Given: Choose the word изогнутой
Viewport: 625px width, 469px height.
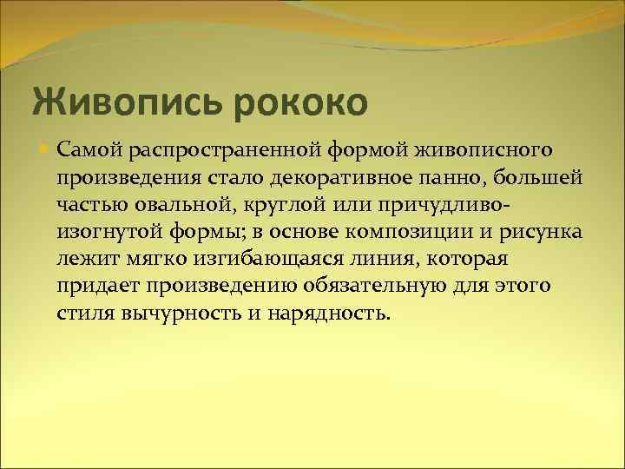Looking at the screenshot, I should pos(105,233).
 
